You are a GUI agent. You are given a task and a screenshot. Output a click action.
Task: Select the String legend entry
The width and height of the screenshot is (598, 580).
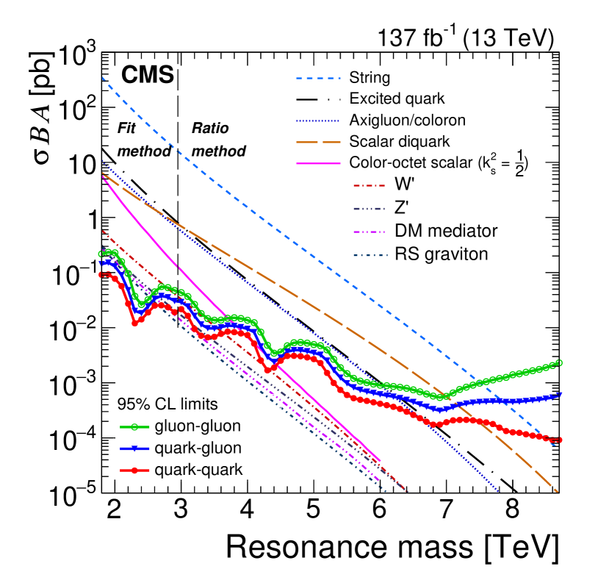(x=370, y=77)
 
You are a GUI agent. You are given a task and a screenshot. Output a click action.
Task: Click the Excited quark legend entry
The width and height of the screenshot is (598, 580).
(x=397, y=98)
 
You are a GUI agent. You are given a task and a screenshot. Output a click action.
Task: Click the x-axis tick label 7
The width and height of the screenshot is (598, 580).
(x=445, y=508)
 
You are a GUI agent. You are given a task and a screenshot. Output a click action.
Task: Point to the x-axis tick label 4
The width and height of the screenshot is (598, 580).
(x=246, y=508)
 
